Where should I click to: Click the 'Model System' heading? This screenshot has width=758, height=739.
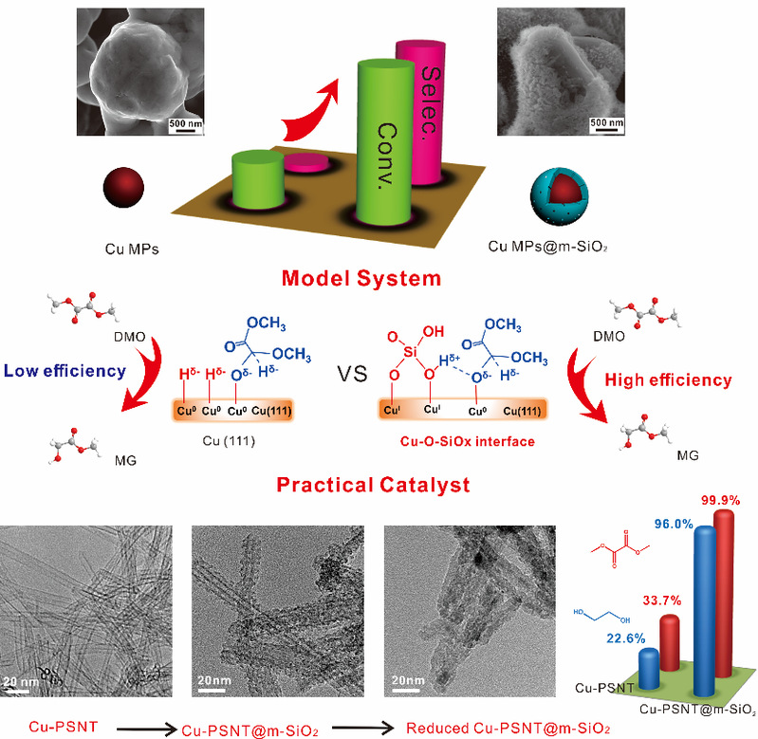point(376,279)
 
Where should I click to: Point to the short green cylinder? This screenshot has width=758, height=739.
point(257,176)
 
